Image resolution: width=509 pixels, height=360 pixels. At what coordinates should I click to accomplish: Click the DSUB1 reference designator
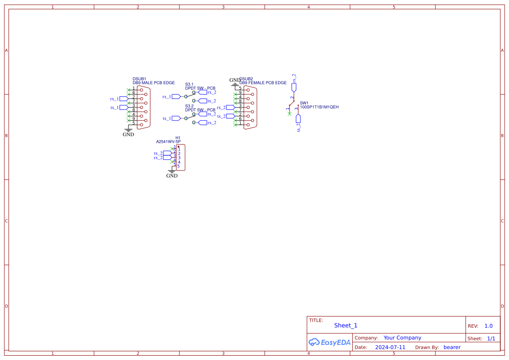[139, 79]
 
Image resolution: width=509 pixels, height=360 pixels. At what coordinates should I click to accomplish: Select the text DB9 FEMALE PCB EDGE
[263, 83]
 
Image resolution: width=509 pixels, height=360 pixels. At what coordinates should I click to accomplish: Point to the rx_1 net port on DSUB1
[123, 99]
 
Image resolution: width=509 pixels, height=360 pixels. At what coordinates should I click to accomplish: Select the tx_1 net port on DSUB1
[123, 107]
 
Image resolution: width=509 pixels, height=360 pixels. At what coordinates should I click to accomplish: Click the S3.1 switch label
[189, 84]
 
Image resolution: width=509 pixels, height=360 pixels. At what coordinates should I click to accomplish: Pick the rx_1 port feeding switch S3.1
[176, 96]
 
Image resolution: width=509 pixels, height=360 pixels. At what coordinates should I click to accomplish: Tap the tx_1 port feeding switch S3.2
[176, 118]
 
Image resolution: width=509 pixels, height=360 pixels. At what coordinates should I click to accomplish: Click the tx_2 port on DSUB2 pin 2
[230, 116]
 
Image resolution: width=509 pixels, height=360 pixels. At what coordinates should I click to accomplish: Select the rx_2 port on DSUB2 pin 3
[230, 107]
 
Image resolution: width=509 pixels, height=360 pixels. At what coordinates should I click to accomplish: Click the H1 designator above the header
[178, 138]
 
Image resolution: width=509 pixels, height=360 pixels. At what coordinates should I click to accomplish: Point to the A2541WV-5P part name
[168, 141]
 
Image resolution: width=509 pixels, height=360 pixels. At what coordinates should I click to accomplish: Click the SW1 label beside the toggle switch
[304, 103]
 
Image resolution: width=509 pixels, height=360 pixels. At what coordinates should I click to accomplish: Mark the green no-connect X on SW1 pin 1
[290, 114]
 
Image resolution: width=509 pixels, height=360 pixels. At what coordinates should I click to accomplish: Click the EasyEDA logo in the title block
[330, 342]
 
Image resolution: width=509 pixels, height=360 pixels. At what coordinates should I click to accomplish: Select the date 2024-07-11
[390, 347]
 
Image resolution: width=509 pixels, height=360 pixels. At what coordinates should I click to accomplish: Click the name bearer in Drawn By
[452, 347]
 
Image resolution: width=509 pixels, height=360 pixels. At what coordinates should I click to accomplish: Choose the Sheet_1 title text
[345, 326]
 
